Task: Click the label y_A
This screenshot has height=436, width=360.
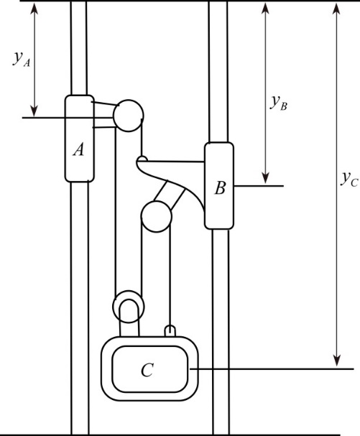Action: coord(22,60)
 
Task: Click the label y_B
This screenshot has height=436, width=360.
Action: coord(279,103)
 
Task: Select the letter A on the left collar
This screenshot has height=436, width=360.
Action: coord(79,149)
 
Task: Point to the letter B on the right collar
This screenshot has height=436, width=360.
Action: coord(220,188)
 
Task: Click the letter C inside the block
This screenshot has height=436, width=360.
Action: coord(147,370)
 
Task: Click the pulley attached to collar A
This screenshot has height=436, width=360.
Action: coord(128,115)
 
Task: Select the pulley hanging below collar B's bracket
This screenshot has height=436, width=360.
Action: coord(156,214)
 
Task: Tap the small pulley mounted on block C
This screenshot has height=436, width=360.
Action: coord(129,305)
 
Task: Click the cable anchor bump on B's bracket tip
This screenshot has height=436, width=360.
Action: coord(143,159)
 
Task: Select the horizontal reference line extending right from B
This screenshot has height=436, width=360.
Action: coord(259,185)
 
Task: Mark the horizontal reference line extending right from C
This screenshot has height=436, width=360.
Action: coord(273,369)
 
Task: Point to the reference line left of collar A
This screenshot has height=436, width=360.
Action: coord(43,116)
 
